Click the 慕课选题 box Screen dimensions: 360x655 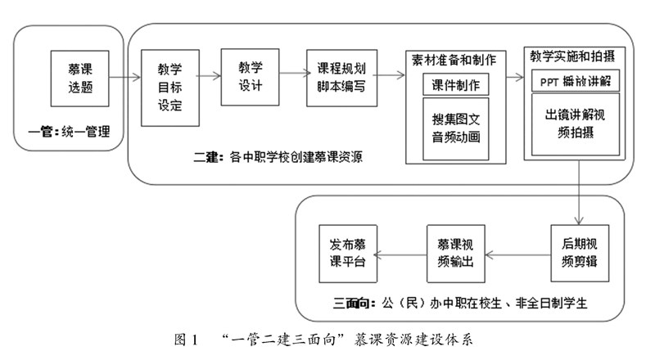coord(79,79)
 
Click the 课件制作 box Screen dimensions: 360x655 coord(455,84)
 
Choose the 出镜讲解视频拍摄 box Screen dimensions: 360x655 coord(575,124)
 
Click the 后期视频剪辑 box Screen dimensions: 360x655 coord(578,254)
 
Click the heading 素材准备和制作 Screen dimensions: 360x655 coord(455,60)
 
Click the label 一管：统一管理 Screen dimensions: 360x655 coord(69,131)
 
